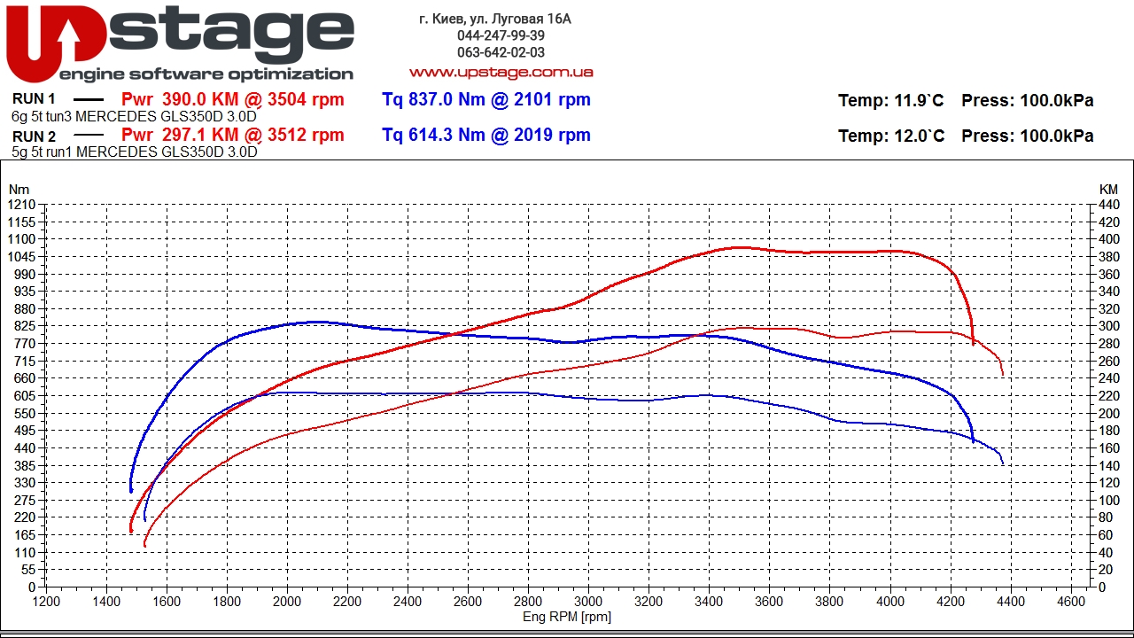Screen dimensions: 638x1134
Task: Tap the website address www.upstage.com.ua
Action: coord(501,72)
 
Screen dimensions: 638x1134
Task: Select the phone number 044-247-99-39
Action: coord(501,35)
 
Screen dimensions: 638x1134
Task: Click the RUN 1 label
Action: coord(35,99)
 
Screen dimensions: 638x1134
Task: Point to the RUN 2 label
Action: coord(35,136)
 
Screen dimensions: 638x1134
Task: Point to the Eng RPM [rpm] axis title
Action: coord(567,617)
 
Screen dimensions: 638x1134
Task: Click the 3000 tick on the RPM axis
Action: coord(588,600)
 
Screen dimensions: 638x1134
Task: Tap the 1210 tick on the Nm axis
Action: coord(20,205)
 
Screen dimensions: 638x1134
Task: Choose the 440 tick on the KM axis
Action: coord(1108,205)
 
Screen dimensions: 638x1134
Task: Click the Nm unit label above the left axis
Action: coord(18,189)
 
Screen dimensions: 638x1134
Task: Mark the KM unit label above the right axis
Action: coord(1108,189)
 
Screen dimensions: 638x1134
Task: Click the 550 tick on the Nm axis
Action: coord(23,413)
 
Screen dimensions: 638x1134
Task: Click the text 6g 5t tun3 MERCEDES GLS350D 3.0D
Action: coord(135,116)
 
